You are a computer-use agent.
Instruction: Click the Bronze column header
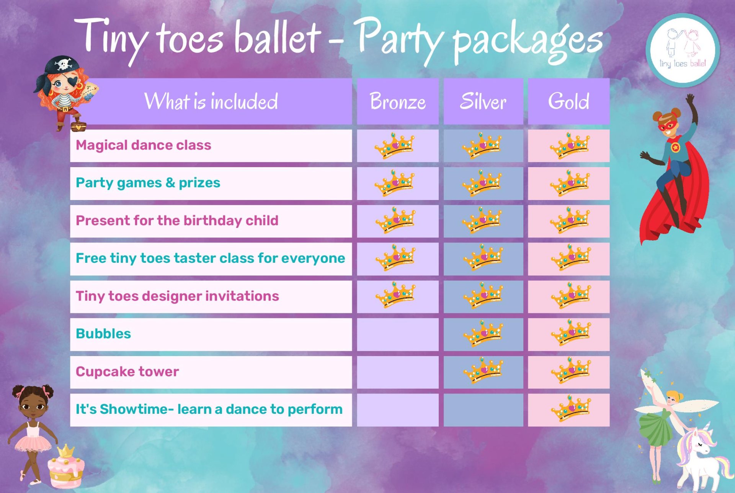(398, 101)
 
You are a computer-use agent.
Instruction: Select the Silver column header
(483, 101)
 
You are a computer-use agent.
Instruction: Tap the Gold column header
(568, 101)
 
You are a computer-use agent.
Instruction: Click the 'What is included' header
(211, 101)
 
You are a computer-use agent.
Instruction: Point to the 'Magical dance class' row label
(144, 145)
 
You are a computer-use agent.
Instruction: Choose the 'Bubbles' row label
(103, 334)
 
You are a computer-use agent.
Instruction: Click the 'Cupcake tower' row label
(127, 372)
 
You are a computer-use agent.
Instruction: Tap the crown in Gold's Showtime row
(570, 408)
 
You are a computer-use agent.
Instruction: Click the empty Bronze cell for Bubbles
(398, 335)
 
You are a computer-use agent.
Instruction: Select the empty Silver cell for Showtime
(483, 410)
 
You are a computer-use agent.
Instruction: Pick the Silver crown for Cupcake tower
(483, 370)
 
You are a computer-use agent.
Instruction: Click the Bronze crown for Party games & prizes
(395, 183)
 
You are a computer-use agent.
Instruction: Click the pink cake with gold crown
(66, 467)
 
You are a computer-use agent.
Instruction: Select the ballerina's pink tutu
(33, 444)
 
